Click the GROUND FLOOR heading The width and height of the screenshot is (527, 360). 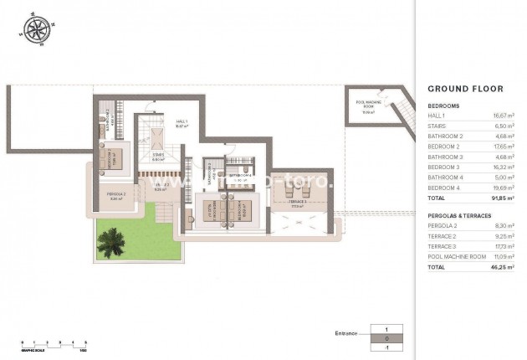click(465, 88)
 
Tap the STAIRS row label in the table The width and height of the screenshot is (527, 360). click(437, 126)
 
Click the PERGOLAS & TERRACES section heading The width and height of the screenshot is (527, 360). click(460, 215)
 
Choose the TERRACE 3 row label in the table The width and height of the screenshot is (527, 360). click(442, 247)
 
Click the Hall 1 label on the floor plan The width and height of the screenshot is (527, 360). click(182, 123)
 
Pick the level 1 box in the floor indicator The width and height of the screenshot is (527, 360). click(386, 330)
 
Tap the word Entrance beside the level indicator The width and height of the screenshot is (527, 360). click(345, 333)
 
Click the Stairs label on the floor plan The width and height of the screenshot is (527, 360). click(157, 157)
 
